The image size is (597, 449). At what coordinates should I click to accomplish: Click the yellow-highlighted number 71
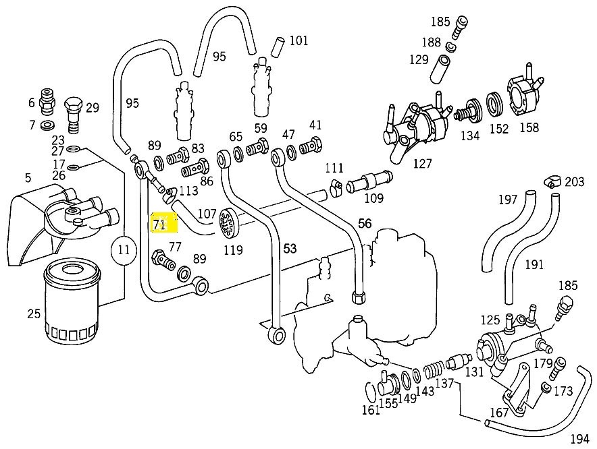coord(159,224)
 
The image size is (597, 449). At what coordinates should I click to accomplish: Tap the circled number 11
coord(124,250)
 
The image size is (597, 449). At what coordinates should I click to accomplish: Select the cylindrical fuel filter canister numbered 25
coord(72,301)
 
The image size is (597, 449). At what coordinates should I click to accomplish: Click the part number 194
coord(579,439)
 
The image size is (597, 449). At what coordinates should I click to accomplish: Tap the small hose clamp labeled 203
coord(552,181)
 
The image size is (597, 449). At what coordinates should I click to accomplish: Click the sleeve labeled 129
coord(441,69)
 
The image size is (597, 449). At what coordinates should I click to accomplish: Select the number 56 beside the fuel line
coord(365,224)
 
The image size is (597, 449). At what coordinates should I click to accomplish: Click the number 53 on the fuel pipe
coord(290,249)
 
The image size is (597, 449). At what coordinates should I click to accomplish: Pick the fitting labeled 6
coord(47,101)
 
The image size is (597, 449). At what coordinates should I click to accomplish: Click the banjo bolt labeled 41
coord(311,145)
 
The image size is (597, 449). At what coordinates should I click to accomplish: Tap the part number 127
coord(423,163)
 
